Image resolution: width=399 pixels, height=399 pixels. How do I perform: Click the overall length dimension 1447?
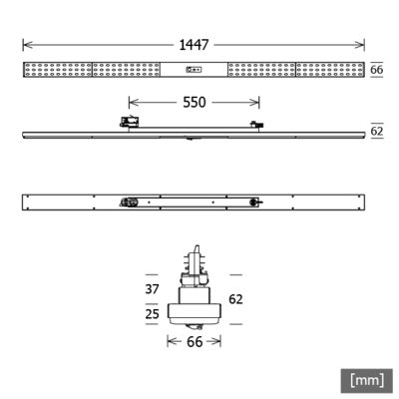[x=195, y=45]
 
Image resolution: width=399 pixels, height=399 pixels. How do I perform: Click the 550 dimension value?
[x=195, y=103]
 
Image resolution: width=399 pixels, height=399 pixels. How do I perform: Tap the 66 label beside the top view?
[x=377, y=70]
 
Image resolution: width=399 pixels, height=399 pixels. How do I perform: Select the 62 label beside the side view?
[x=377, y=131]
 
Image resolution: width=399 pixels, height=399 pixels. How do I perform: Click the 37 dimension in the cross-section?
[x=152, y=289]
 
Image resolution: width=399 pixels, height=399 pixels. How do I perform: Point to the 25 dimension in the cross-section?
[x=152, y=313]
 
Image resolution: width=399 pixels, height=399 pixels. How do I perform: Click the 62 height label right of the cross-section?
[x=235, y=298]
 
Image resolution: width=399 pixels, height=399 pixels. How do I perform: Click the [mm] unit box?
[x=366, y=379]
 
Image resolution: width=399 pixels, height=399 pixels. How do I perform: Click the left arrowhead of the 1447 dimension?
[x=25, y=45]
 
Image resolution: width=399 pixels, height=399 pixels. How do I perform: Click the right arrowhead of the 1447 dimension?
[x=362, y=45]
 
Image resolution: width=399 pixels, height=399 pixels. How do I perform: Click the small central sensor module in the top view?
[x=195, y=70]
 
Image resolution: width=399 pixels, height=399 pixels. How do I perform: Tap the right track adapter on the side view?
[x=257, y=126]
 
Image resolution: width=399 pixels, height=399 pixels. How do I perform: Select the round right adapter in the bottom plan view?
[x=256, y=201]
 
